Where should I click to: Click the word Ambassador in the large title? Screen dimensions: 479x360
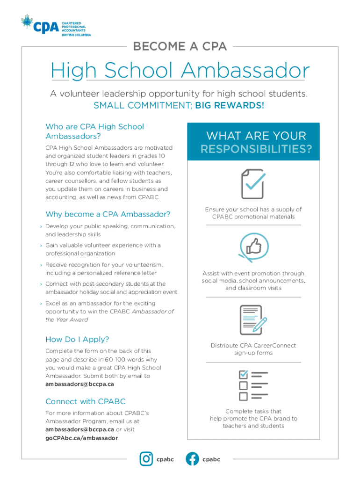coord(245,71)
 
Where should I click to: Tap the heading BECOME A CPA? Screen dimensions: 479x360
coord(180,46)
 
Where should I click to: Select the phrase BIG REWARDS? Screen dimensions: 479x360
coord(230,105)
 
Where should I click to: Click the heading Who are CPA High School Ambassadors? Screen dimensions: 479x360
coord(94,131)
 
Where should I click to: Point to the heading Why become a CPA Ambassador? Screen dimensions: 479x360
coord(108,214)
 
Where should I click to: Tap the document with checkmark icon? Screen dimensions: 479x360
coord(253,184)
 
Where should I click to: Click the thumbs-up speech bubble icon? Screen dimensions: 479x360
coord(253,247)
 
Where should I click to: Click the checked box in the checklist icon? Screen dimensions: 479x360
coord(243,375)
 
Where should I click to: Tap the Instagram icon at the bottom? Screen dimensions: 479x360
coord(146,459)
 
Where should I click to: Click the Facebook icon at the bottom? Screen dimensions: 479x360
coord(192,459)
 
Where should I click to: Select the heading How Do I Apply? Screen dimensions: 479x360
coord(77,339)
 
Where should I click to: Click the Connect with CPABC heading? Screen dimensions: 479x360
coord(85,401)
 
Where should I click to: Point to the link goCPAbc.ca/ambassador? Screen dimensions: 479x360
coord(81,438)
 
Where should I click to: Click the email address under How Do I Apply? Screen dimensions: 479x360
coord(79,384)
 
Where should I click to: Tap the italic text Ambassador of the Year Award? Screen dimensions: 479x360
coord(109,315)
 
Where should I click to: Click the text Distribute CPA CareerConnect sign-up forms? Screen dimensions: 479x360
coord(253,349)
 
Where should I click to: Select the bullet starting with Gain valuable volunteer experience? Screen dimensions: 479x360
coord(103,249)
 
